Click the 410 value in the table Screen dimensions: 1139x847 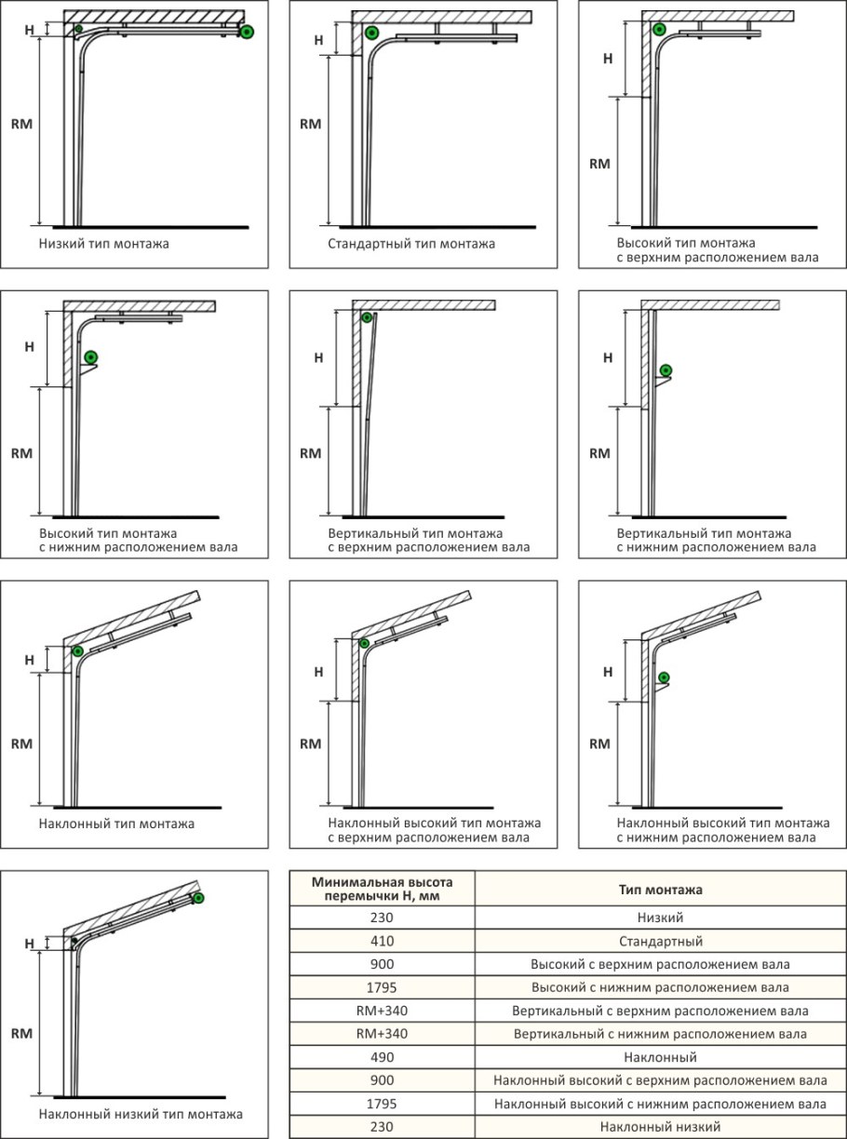[x=382, y=940]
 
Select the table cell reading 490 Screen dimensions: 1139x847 [x=382, y=1057]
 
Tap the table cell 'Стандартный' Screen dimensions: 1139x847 [x=660, y=940]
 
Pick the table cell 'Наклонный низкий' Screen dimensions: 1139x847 [x=660, y=1126]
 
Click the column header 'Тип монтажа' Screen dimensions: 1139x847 [x=660, y=889]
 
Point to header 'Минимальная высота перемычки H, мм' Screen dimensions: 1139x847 [x=382, y=889]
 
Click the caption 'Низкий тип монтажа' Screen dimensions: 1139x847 [x=104, y=245]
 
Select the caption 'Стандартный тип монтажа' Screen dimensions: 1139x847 [x=411, y=245]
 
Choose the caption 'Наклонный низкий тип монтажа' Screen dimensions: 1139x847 [x=141, y=1114]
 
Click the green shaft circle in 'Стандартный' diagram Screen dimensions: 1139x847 [x=372, y=33]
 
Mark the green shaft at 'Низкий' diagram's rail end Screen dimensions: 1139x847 [x=247, y=33]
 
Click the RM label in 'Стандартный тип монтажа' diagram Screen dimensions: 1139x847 [x=310, y=124]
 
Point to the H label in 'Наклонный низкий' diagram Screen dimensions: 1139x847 [x=29, y=943]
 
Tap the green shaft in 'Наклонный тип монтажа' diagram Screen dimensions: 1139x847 [x=77, y=650]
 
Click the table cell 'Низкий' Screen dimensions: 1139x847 [x=660, y=917]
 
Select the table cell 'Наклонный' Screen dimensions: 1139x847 [x=660, y=1057]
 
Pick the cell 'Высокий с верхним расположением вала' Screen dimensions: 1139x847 [x=660, y=963]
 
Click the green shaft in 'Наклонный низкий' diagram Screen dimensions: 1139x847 [x=198, y=897]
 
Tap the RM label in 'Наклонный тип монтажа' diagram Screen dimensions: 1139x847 [x=21, y=744]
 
